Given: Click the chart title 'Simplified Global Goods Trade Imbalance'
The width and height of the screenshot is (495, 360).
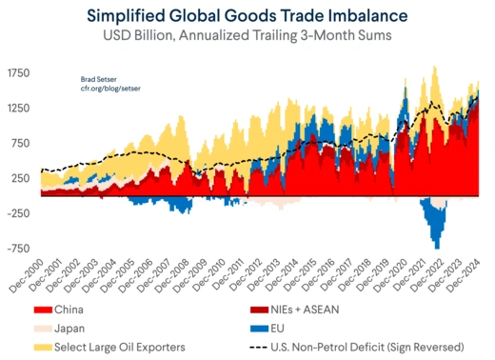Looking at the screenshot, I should (247, 16).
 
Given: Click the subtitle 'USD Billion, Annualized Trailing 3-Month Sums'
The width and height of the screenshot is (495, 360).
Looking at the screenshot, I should (247, 37).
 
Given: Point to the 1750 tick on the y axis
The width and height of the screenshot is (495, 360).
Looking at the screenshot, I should (18, 72).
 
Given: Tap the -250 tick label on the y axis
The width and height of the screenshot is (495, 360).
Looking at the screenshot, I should (19, 213).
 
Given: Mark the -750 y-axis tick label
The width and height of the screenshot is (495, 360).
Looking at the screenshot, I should (19, 249).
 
